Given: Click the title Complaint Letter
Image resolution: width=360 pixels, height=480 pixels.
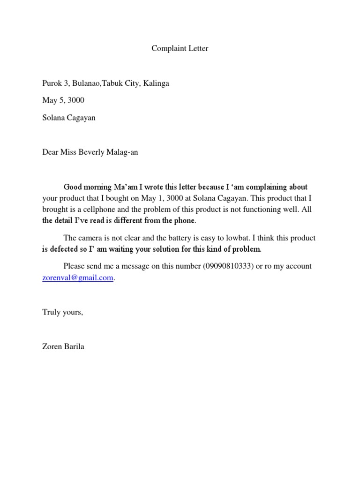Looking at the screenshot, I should pyautogui.click(x=180, y=48).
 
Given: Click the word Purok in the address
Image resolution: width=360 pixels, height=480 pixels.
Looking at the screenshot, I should pyautogui.click(x=52, y=83).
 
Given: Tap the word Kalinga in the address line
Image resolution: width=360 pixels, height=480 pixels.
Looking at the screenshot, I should pyautogui.click(x=156, y=83).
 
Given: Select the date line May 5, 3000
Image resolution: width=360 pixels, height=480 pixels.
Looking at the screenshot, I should pyautogui.click(x=63, y=100).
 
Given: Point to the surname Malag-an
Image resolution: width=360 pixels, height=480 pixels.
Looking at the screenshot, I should pyautogui.click(x=123, y=152).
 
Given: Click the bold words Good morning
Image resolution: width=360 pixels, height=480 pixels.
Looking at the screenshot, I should pyautogui.click(x=85, y=187).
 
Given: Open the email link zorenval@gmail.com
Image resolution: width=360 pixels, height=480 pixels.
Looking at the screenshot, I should pyautogui.click(x=78, y=277).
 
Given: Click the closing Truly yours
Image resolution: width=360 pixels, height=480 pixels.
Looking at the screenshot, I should pyautogui.click(x=62, y=312).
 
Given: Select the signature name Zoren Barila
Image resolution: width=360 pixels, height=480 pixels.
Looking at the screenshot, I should pyautogui.click(x=63, y=347).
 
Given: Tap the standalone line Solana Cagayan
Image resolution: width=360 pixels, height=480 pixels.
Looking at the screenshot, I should pyautogui.click(x=69, y=118).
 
